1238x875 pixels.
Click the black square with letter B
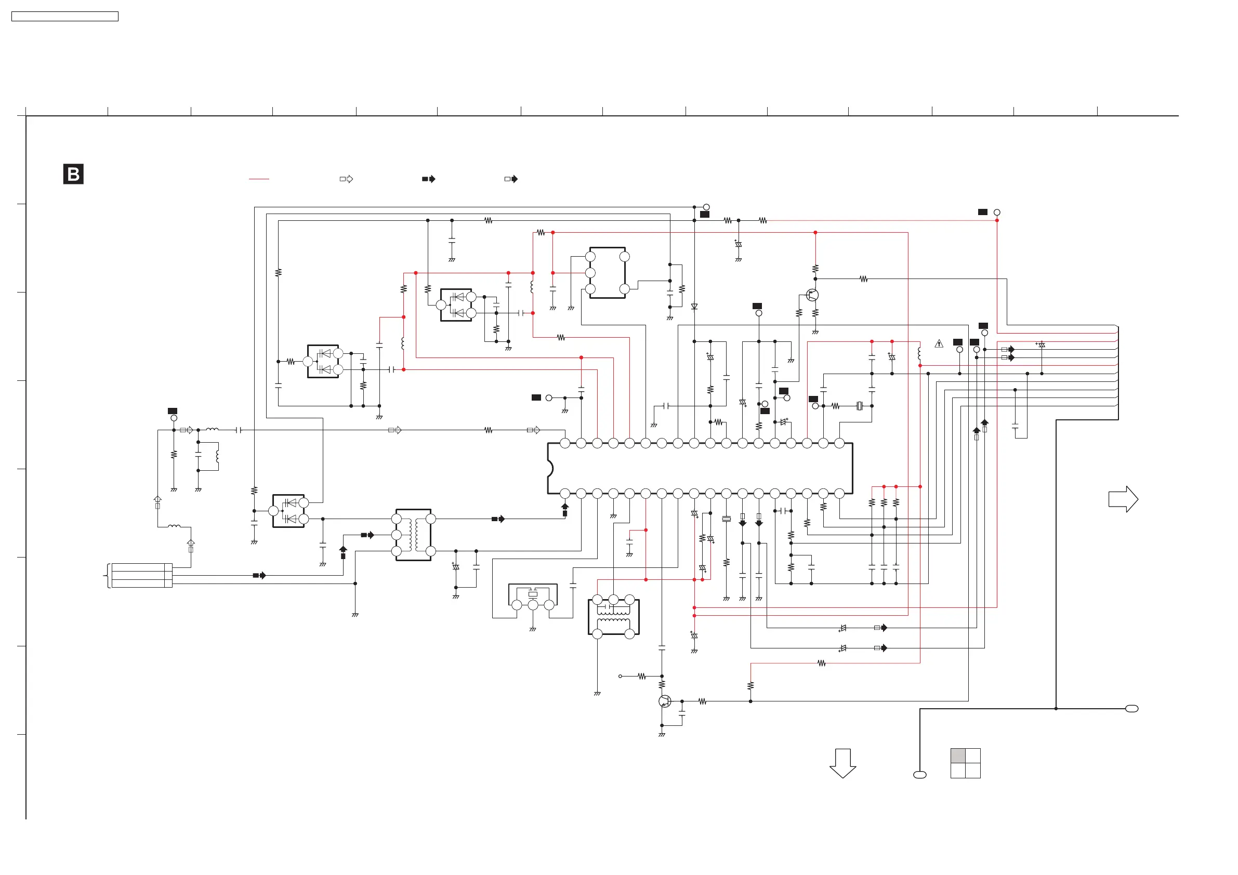click(73, 174)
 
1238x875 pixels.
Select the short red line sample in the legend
click(259, 179)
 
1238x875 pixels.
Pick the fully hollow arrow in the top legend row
click(347, 179)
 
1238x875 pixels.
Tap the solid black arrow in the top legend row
click(429, 179)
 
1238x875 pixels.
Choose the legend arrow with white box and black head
click(511, 179)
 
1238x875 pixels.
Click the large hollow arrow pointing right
click(1123, 499)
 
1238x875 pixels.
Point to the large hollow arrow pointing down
click(843, 763)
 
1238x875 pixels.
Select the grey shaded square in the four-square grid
click(958, 756)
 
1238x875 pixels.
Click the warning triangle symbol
click(939, 344)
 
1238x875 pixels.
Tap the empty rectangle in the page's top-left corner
click(64, 17)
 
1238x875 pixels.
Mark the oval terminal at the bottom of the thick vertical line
click(920, 775)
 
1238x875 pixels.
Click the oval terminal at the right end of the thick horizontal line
click(1132, 708)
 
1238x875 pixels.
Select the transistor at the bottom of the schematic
click(665, 701)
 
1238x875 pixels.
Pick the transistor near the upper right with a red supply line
click(812, 295)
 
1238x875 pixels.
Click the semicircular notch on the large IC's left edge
click(550, 468)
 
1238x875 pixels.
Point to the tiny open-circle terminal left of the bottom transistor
click(620, 676)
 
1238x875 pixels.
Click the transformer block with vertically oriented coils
click(414, 535)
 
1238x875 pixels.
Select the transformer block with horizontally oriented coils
click(614, 617)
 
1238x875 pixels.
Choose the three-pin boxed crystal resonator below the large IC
click(533, 598)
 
